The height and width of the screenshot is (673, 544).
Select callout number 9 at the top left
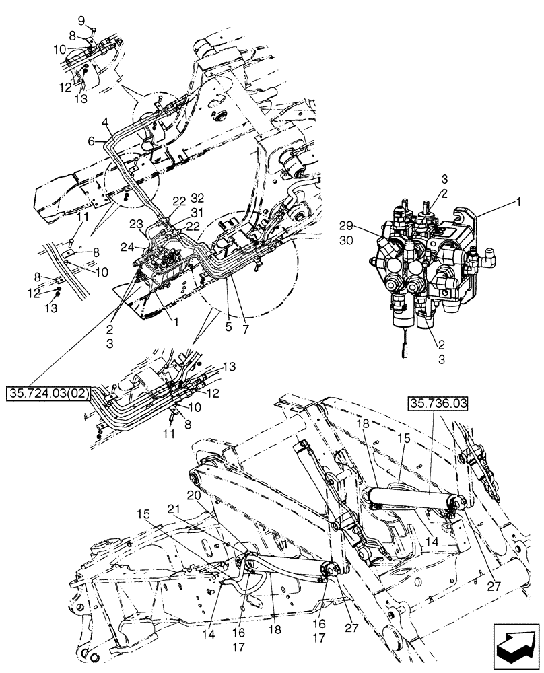[x=81, y=19]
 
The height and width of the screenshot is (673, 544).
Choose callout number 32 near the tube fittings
[x=198, y=199]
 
